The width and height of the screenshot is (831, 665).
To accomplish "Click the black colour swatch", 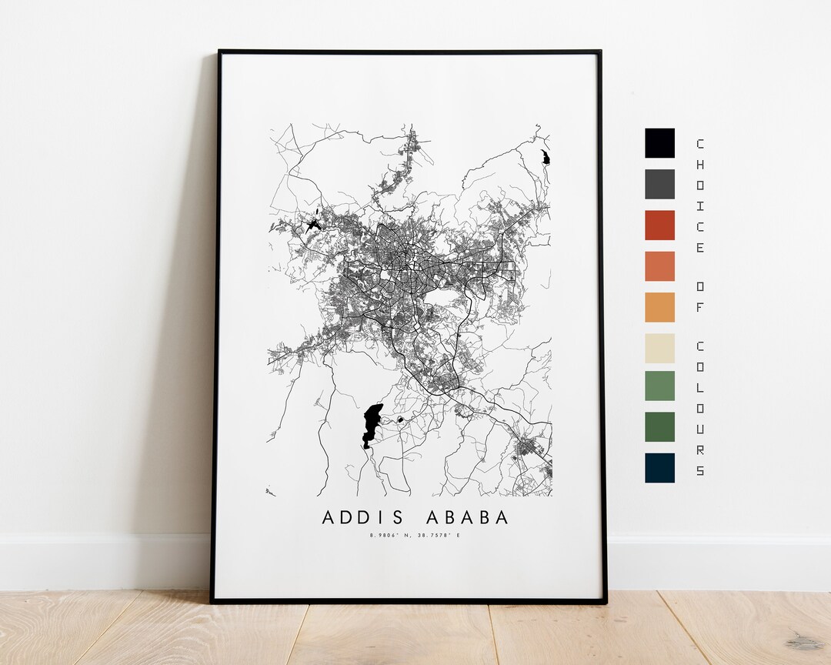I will tap(659, 143).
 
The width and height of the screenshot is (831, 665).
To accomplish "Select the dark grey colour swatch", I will tap(659, 184).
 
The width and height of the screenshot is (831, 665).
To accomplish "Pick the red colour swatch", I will tap(659, 226).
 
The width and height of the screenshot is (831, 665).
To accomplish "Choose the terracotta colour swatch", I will tap(659, 266).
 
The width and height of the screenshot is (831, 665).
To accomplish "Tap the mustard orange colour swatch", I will tap(659, 307).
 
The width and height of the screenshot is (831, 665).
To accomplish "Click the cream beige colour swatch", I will tap(659, 348).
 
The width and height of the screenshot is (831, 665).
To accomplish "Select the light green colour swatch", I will tap(659, 386).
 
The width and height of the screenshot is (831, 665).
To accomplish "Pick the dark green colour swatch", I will tap(659, 427).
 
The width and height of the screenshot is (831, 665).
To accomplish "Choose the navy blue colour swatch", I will tap(659, 468).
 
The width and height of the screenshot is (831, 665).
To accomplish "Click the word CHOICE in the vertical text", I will tap(699, 196).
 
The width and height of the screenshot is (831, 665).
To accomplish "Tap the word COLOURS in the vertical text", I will tap(699, 408).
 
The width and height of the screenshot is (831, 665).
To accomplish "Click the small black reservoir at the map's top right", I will tap(546, 157).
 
